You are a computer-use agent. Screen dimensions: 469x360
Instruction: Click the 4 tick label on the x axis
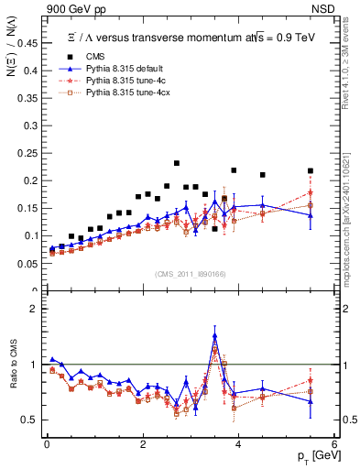point(238,445)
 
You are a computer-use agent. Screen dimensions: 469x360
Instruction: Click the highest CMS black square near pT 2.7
point(177,163)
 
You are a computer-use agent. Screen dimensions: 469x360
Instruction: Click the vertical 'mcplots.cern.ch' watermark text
point(349,211)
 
